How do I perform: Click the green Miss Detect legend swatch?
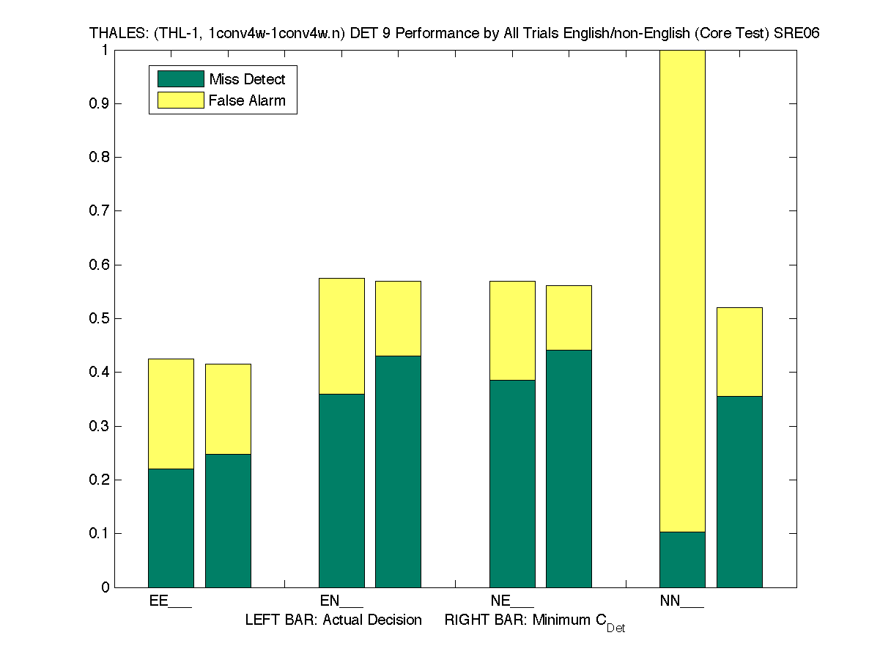(180, 79)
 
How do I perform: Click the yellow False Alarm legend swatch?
(180, 100)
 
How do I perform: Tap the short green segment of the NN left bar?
(682, 560)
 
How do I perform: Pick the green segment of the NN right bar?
(739, 491)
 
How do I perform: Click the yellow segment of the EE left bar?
(171, 414)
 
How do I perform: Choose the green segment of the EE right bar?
(228, 521)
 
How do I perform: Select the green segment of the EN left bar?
(341, 491)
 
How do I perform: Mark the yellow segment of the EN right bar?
(398, 318)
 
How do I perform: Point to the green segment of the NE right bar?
(569, 469)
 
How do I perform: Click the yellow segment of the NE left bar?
(512, 331)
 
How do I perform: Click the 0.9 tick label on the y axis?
(99, 103)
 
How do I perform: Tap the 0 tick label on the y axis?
(105, 587)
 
